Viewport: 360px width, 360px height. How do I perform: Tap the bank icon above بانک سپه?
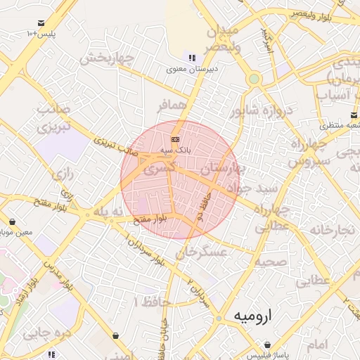[x=175, y=139]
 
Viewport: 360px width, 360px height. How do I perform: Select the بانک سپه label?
[x=176, y=150]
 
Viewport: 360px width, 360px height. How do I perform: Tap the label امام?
[x=318, y=345]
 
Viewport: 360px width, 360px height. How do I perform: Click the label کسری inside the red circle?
[x=160, y=169]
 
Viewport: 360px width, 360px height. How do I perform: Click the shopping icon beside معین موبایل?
[x=12, y=221]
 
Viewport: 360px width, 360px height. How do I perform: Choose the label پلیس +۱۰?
[x=41, y=34]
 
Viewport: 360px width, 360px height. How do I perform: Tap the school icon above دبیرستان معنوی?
[x=192, y=58]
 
